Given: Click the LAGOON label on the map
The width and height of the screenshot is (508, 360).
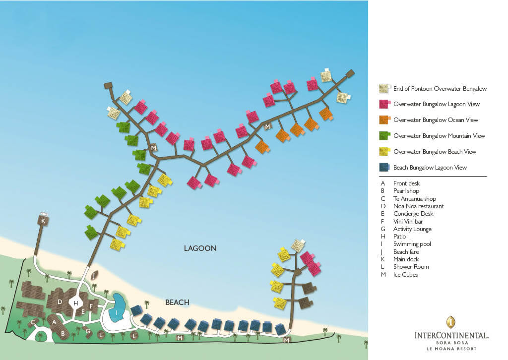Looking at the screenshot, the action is tap(200, 248).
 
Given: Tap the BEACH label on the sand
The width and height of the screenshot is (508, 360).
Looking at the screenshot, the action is tap(177, 302).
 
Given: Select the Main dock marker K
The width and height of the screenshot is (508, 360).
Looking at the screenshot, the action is tap(43, 221).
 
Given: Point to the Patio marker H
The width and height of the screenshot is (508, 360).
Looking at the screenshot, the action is tap(76, 303).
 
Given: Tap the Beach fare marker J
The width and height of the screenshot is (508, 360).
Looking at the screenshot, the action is tap(94, 276).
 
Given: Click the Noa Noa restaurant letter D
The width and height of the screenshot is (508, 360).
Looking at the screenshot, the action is tap(60, 301).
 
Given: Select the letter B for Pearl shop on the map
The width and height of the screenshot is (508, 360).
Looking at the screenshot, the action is tap(63, 333).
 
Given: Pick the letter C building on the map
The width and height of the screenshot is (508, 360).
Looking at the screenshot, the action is tap(33, 322).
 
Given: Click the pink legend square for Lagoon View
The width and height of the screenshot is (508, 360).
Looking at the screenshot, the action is tap(384, 104).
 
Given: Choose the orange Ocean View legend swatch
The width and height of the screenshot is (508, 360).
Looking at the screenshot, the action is tap(384, 120).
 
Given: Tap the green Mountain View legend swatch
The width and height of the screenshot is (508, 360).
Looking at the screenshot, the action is tap(384, 136).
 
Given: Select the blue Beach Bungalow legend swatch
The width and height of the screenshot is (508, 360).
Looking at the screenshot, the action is tap(384, 167).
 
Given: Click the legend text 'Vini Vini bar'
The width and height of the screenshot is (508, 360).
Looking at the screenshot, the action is tap(408, 222).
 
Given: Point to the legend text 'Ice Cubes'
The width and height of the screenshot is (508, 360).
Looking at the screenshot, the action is tap(406, 275).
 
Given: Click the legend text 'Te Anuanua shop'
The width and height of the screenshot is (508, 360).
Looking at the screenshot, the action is tap(415, 199).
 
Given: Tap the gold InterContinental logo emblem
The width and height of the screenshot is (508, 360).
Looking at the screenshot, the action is tap(451, 322).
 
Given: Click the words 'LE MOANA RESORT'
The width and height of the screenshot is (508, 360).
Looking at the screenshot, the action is tap(451, 349).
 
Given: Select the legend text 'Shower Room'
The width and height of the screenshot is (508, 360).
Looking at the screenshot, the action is tap(411, 267).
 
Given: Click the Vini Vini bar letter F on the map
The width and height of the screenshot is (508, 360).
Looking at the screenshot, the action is tap(91, 306).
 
